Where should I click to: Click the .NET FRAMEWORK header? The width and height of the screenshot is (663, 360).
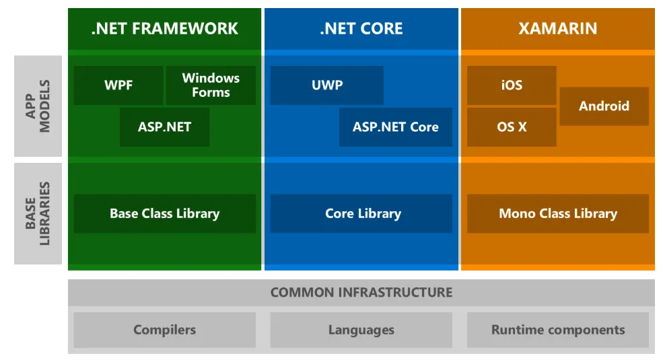coord(164,28)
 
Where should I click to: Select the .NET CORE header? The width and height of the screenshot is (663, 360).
coord(361,28)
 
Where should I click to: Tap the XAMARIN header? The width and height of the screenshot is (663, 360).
coord(557,28)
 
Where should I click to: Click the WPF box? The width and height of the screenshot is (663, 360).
coord(118,85)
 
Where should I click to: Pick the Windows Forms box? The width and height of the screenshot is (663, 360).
coord(211,85)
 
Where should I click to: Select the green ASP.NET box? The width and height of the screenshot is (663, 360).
coord(164,127)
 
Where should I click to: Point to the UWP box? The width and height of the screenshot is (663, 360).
coord(327,85)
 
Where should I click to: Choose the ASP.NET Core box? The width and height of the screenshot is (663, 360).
coord(396,127)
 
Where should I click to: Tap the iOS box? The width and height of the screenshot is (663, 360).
coord(512,85)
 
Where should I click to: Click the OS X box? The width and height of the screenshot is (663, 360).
coord(512,127)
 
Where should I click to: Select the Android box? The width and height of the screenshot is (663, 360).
coord(604,106)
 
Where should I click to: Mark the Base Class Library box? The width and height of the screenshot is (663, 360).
coord(164,214)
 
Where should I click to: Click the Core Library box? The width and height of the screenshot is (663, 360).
coord(361,214)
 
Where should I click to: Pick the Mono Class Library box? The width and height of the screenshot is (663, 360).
coord(558,214)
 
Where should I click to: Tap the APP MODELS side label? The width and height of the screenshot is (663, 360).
coord(38,106)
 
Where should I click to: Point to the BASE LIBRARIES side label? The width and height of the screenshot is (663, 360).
coord(38,213)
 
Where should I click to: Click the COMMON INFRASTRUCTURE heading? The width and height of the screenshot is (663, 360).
coord(361,293)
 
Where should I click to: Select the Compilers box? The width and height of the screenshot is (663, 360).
coord(164,330)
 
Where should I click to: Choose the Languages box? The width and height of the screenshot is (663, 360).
coord(361,330)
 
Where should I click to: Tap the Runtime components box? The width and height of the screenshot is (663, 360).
coord(558,330)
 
